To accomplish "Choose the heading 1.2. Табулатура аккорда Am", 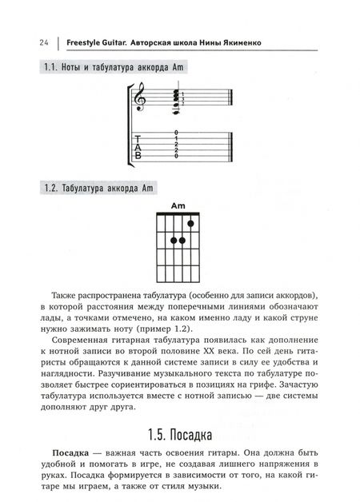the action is click(96, 189).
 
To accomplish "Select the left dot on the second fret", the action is click(173, 241).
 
